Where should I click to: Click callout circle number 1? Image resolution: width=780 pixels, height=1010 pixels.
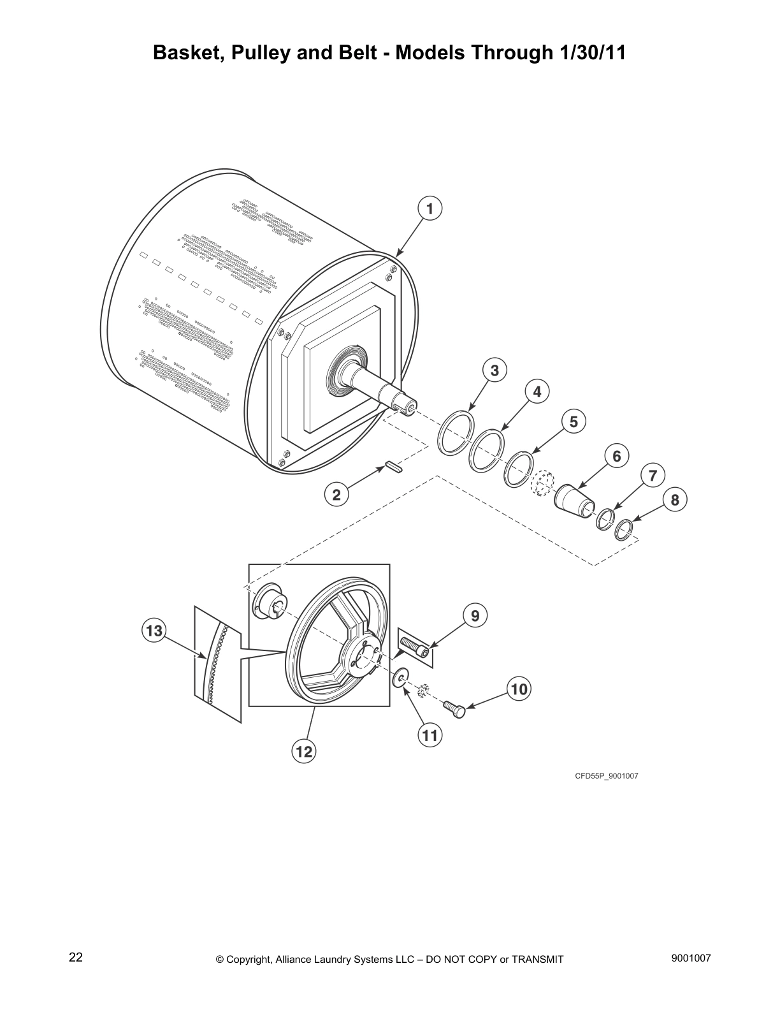(430, 209)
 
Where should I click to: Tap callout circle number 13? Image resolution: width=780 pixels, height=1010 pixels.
(154, 631)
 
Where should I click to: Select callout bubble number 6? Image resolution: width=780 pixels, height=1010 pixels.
(616, 457)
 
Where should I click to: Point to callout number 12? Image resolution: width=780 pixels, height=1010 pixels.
(304, 752)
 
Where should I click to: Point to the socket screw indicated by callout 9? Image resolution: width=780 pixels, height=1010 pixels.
(415, 649)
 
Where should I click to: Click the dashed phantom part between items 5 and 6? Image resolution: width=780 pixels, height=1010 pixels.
(542, 483)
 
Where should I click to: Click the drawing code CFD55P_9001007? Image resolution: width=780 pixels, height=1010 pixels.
(606, 776)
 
